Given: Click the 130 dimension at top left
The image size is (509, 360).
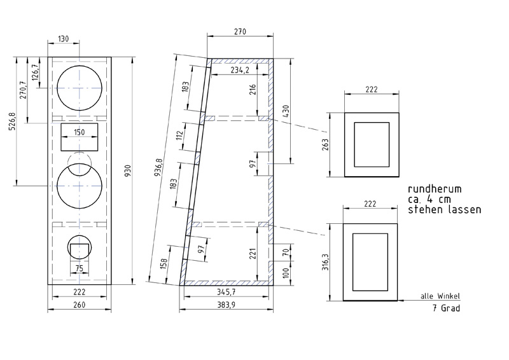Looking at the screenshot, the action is (63, 39).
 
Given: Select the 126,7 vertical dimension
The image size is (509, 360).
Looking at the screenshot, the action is (35, 72).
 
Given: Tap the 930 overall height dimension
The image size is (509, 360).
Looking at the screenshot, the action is (128, 170).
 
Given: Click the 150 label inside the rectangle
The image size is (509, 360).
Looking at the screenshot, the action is (79, 132).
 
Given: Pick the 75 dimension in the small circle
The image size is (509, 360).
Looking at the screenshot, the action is (80, 268).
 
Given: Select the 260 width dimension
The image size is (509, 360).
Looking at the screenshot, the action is (79, 305).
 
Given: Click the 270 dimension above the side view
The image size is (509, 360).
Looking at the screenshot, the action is (241, 32).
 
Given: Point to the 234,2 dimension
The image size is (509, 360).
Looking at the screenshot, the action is (240, 70).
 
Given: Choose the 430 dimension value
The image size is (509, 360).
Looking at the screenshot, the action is (286, 112).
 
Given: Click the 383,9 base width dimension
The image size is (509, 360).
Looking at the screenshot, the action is (226, 305).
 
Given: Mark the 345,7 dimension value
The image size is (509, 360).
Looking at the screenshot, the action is (227, 292).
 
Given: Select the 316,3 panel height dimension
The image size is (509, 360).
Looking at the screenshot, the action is (325, 262).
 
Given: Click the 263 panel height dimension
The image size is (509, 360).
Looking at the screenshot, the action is (325, 145).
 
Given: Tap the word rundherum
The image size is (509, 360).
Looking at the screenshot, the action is (435, 189).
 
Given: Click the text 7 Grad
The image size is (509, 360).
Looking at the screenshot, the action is (447, 308).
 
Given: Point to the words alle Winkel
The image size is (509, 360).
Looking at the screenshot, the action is (440, 296).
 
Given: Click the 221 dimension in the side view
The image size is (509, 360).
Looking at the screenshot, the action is (253, 254).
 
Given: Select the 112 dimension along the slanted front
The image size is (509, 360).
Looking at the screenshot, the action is (180, 135).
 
